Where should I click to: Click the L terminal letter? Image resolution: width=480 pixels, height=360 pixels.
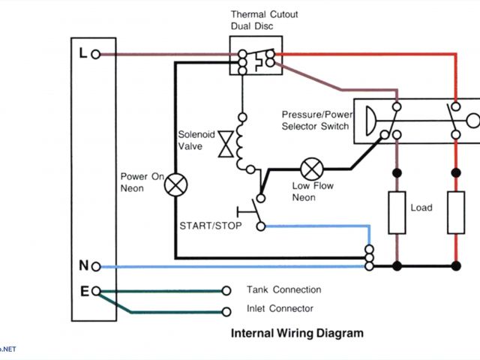[83, 53]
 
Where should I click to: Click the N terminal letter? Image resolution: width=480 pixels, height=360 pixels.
[83, 265]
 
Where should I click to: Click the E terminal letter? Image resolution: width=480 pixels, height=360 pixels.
[83, 291]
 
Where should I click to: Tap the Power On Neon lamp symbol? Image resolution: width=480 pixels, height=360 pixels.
[176, 183]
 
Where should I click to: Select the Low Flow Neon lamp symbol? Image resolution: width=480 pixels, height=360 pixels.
[310, 166]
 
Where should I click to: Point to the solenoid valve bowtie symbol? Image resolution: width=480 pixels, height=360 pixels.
[223, 145]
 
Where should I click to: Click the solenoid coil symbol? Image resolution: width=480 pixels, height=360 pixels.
[242, 142]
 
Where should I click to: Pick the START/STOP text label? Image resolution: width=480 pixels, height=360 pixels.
[211, 225]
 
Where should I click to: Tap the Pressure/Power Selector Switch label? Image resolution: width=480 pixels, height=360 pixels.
[315, 120]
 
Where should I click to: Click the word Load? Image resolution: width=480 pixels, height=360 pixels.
[421, 208]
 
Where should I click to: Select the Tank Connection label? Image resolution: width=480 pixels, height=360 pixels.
[283, 289]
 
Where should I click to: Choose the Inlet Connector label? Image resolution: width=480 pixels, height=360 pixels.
[280, 308]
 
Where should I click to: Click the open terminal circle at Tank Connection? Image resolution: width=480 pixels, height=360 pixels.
[226, 290]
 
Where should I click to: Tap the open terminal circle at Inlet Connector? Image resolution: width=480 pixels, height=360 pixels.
[226, 311]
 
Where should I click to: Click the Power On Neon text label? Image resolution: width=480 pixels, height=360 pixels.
[142, 182]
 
